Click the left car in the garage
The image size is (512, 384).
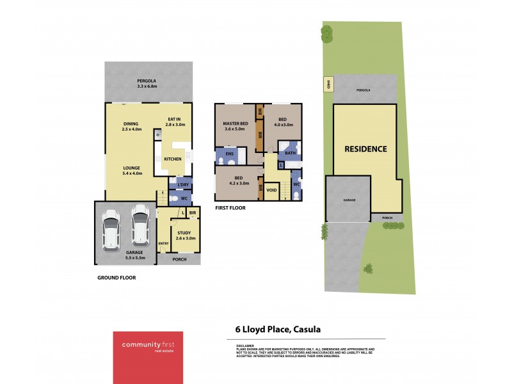coord(111,228)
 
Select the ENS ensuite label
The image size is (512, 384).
coord(228,154)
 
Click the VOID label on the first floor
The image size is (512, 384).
coord(271,190)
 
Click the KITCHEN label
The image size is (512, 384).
coord(173,159)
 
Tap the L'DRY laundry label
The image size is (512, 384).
coord(183,186)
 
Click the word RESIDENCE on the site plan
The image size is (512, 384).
coord(365,149)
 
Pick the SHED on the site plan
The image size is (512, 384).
coord(329,84)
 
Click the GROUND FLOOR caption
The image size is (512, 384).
coord(116,278)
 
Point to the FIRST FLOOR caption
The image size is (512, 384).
coord(231,208)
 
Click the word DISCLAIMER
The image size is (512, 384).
coord(237,345)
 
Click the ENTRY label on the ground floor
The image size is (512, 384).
coord(163,243)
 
